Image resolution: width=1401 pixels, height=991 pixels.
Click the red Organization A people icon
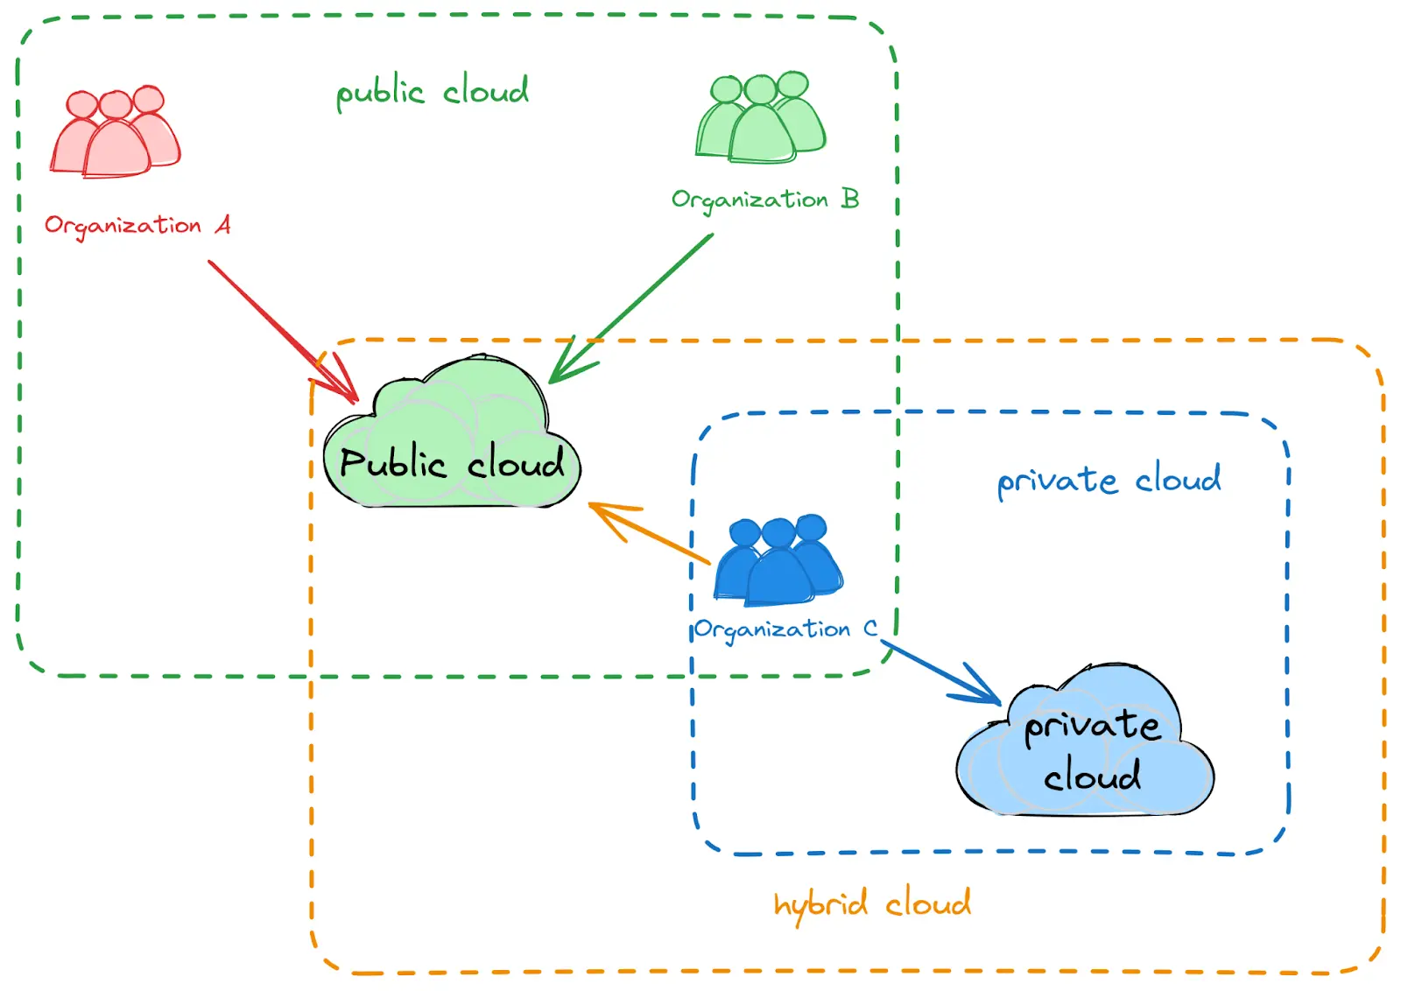point(116,133)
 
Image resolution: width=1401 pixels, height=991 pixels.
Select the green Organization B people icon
point(760,119)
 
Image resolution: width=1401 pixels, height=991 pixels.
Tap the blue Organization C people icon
point(778,562)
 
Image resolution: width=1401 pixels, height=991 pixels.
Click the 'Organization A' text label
point(137,226)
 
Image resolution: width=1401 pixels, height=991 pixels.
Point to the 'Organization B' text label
point(764,200)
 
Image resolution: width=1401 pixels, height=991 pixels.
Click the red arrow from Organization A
point(280,329)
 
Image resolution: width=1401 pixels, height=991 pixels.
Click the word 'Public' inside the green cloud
point(393,463)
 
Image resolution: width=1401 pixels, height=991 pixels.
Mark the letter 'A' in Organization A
point(223,225)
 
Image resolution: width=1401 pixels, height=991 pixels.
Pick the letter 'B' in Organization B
point(849,199)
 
